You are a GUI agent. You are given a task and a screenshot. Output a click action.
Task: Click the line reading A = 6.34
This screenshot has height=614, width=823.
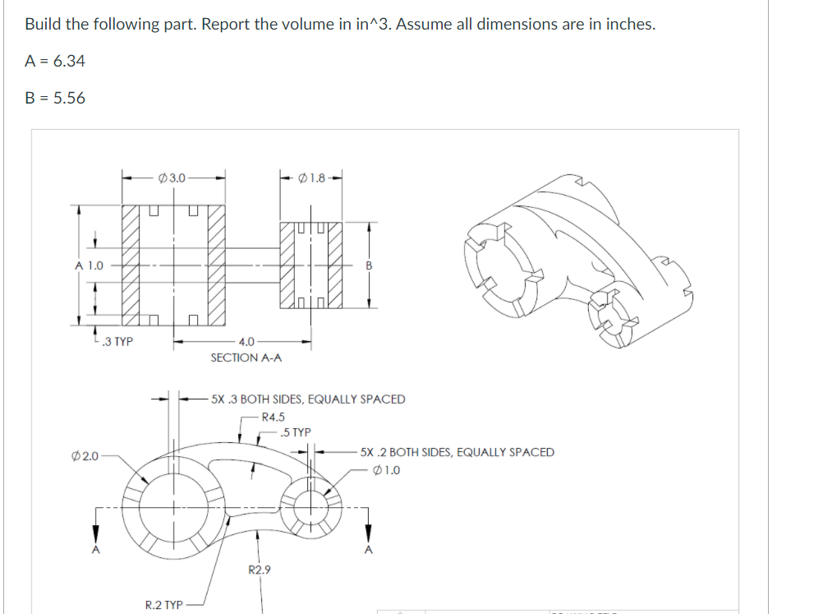55,61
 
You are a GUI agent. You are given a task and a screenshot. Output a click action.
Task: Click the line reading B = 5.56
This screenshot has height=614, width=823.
55,98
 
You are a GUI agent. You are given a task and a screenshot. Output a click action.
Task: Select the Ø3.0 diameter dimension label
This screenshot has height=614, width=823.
172,177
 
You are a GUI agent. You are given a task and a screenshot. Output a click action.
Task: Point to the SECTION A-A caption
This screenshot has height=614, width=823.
246,358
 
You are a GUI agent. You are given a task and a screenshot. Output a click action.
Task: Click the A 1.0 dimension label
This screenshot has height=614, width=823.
90,265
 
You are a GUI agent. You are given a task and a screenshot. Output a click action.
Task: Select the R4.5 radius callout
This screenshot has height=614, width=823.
273,417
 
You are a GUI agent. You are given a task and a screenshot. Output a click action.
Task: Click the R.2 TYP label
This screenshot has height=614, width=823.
163,605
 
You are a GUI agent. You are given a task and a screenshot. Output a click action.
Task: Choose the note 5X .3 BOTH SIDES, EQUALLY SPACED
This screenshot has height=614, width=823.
308,399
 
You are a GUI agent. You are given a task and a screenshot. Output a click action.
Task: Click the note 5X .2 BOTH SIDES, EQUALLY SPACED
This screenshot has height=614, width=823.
457,452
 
